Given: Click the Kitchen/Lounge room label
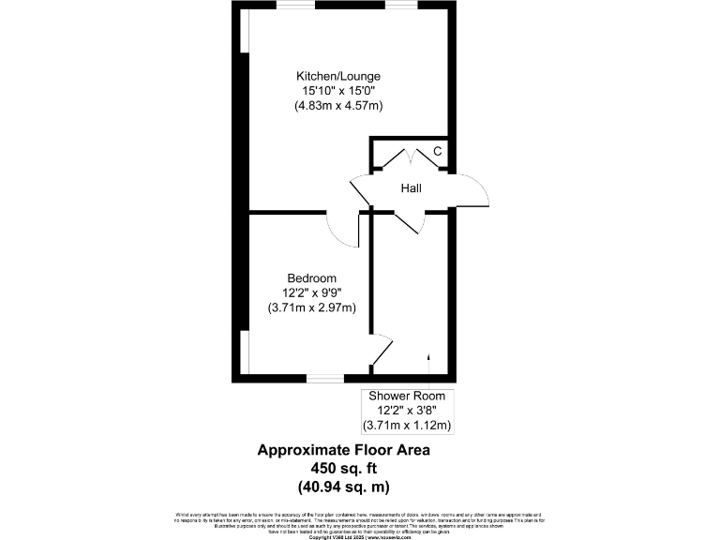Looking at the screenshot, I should coord(338,76).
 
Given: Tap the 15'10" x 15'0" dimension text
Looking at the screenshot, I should coord(338,91).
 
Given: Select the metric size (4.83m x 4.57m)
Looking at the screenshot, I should coord(338,106).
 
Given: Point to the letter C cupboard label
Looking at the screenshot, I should coord(437,153).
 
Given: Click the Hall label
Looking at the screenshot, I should coord(411,188).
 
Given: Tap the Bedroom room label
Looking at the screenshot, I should coord(311,278).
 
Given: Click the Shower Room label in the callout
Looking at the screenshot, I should coord(409,396).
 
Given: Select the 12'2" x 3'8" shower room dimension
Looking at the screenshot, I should coord(409,411).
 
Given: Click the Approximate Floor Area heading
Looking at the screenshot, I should coord(343,451).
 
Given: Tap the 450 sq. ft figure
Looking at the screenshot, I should coord(343,469).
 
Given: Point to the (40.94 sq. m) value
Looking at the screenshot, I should coord(343,487).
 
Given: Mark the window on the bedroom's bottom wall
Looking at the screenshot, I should coord(325,379).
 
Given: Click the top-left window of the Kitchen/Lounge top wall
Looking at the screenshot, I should coord(295,6).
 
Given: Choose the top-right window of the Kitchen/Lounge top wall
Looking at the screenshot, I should coord(401,6).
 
